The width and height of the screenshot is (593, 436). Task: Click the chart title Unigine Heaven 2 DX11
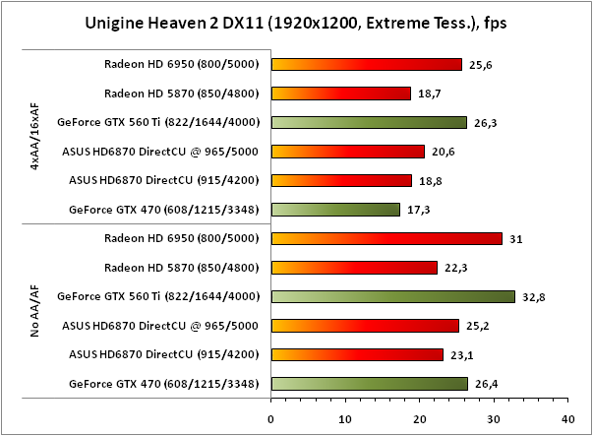296,22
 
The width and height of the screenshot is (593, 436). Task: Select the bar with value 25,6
366,65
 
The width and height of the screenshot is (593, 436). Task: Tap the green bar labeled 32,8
392,296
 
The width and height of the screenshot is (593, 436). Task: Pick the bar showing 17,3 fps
335,210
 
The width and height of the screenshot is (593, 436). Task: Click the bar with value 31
385,238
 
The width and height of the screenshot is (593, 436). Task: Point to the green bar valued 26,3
369,123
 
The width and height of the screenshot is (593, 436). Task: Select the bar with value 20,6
347,152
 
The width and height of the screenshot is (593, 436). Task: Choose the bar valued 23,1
357,354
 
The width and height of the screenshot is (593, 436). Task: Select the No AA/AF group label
33,311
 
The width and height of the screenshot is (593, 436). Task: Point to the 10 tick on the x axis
345,417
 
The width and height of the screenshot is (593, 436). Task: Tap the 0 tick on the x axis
271,417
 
